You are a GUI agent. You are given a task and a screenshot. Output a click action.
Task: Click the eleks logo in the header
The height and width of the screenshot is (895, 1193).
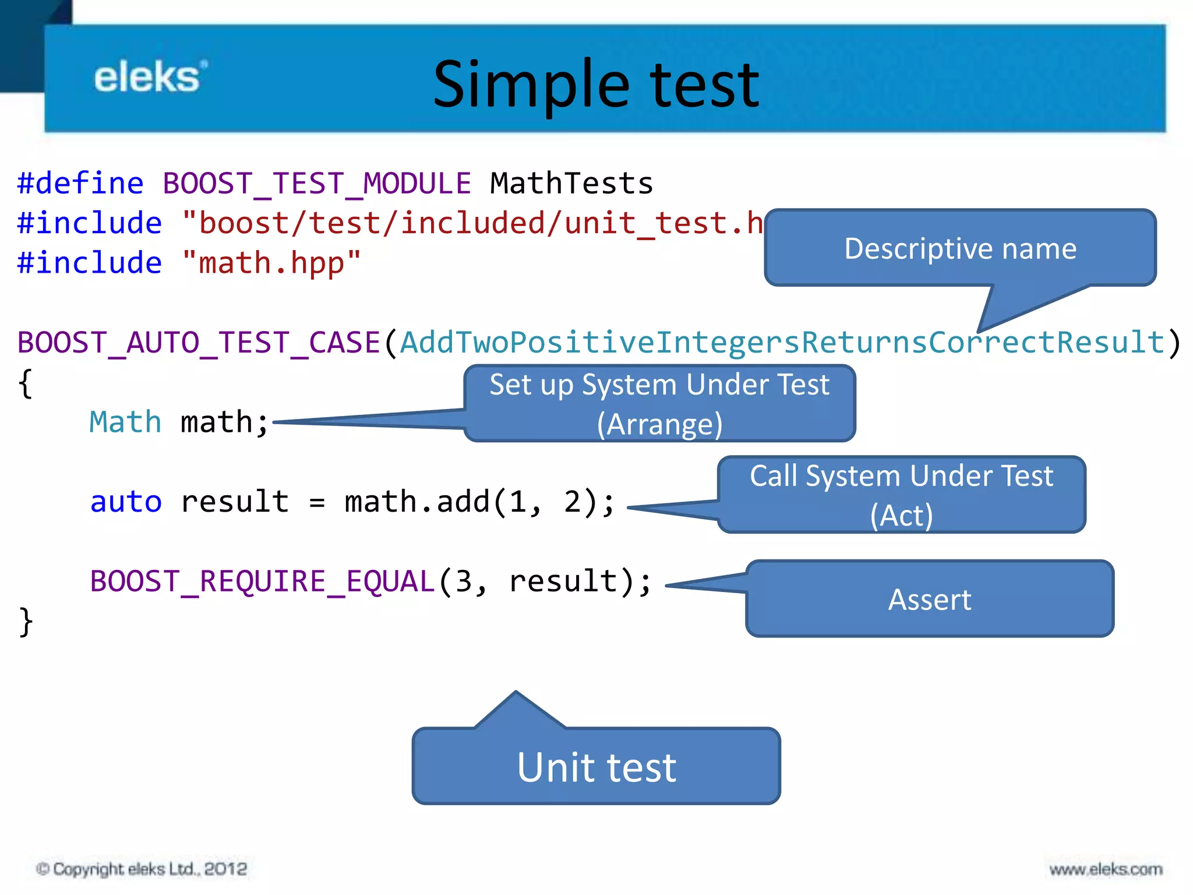tap(150, 77)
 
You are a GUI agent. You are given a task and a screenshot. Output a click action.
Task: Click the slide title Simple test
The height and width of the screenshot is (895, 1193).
tap(596, 84)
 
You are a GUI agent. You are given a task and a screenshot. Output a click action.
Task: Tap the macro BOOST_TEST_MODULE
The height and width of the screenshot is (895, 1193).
tap(316, 184)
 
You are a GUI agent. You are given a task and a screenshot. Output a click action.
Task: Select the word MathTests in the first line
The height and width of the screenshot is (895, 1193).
tap(571, 184)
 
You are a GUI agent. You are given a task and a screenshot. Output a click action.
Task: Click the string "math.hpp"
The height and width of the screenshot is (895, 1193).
tap(271, 263)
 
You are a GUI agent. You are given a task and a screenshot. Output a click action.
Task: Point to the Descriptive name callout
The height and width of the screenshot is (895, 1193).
tap(960, 249)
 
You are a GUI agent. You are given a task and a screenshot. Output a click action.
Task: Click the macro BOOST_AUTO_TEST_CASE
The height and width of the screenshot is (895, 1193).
tap(199, 343)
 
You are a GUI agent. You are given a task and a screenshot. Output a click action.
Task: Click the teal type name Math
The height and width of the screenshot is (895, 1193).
tap(125, 422)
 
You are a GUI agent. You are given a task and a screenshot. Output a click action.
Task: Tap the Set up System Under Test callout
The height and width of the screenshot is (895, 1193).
tap(659, 404)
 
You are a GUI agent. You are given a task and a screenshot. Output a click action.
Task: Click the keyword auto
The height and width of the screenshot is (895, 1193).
tap(126, 502)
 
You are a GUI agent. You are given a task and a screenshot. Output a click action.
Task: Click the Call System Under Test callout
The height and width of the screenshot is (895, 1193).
tap(901, 495)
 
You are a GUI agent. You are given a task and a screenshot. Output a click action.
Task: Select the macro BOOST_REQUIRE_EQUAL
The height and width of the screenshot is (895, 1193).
tap(262, 582)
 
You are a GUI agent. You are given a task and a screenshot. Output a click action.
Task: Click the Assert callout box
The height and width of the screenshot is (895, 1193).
tap(930, 600)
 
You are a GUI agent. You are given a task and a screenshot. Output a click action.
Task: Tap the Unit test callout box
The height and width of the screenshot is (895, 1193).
tap(596, 766)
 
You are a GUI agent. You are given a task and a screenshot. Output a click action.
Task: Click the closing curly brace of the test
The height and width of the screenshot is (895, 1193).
tap(26, 622)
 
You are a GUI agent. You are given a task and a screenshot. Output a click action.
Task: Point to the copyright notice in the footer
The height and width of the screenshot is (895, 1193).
tap(142, 869)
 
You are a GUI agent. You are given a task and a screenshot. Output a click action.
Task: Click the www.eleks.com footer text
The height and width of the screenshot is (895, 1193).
tap(1105, 869)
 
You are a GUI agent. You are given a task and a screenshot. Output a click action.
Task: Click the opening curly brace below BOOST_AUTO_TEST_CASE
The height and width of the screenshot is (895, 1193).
tap(26, 383)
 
